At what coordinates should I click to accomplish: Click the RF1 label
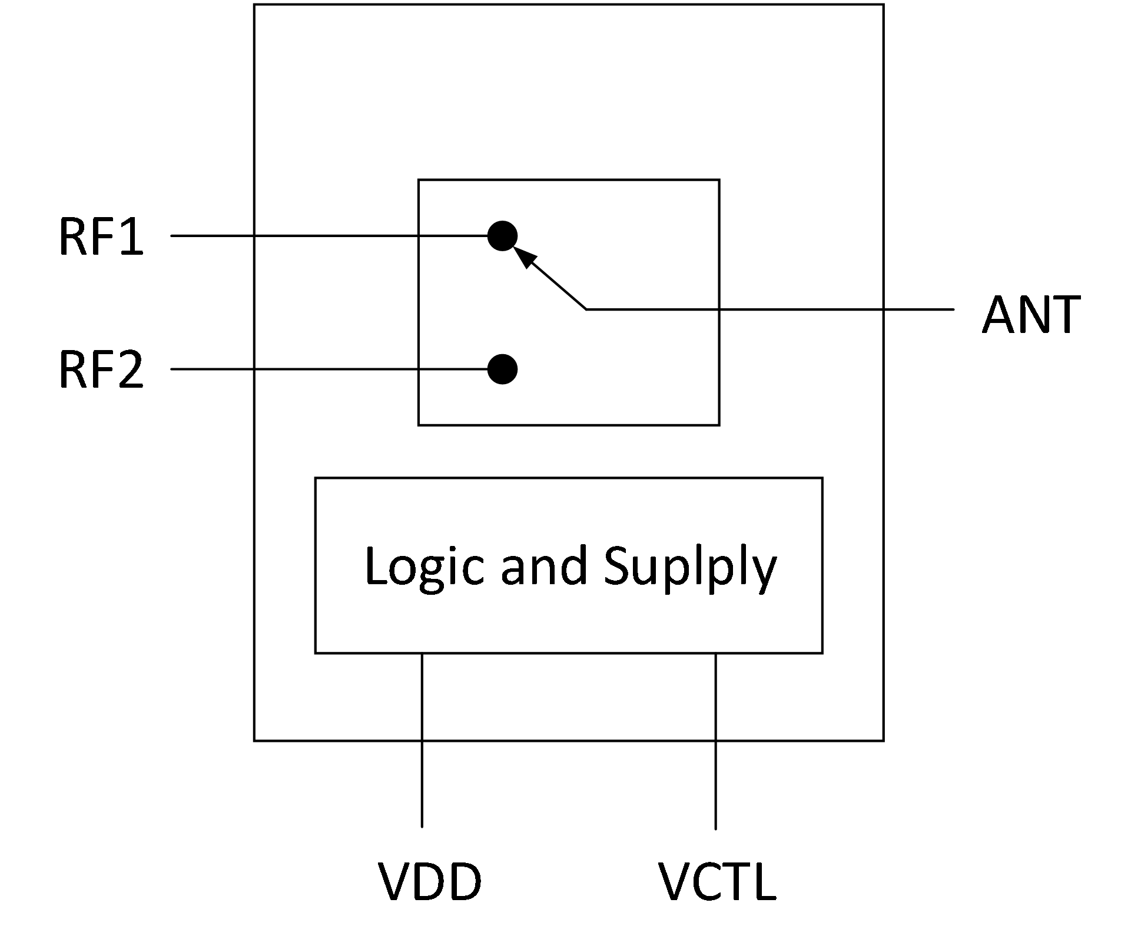tap(101, 238)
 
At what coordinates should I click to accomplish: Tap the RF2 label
tap(101, 371)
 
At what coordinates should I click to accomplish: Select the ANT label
tap(1030, 315)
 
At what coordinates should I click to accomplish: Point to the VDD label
tap(429, 883)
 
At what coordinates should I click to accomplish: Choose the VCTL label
tap(717, 883)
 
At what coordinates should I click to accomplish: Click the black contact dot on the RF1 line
tap(502, 237)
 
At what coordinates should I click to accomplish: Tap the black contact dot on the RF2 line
tap(502, 369)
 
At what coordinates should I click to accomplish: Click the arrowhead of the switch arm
tap(524, 257)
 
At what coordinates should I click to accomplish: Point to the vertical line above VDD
tap(422, 741)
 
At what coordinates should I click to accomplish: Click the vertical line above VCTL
tap(716, 741)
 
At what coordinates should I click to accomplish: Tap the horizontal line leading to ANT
tap(824, 309)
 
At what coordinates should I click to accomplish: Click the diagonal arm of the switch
tap(556, 284)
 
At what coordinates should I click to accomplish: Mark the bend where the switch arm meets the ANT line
tap(586, 309)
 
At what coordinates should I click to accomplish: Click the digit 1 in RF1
tap(132, 238)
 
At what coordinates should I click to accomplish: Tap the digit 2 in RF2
tap(130, 371)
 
